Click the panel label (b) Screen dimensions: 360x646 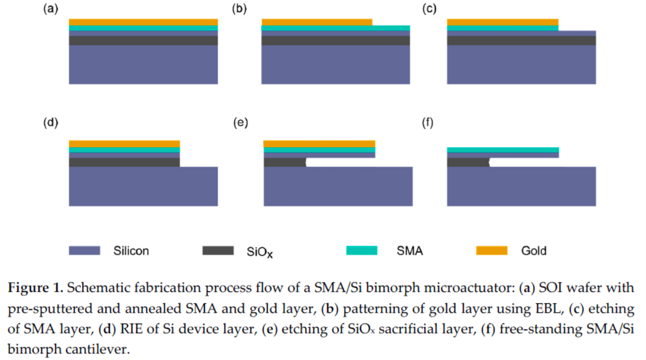pyautogui.click(x=239, y=9)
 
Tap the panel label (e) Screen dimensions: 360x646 pyautogui.click(x=241, y=123)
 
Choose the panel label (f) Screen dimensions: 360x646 pyautogui.click(x=428, y=123)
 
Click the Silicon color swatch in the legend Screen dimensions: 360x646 pyautogui.click(x=84, y=250)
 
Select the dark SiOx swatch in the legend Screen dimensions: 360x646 pyautogui.click(x=218, y=250)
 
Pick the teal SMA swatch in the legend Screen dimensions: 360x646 pyautogui.click(x=362, y=250)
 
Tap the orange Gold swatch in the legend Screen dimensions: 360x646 pyautogui.click(x=491, y=250)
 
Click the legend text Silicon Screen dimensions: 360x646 pyautogui.click(x=131, y=251)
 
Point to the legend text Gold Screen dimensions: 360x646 pyautogui.click(x=534, y=251)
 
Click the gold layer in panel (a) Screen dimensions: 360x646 pyautogui.click(x=143, y=22)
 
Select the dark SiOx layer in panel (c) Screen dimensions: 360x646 pyautogui.click(x=521, y=41)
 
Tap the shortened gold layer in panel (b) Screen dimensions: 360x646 pyautogui.click(x=317, y=22)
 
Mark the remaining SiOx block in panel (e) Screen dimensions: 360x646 pyautogui.click(x=284, y=162)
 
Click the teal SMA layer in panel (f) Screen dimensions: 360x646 pyautogui.click(x=503, y=150)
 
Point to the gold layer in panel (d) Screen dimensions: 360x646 pyautogui.click(x=124, y=144)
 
